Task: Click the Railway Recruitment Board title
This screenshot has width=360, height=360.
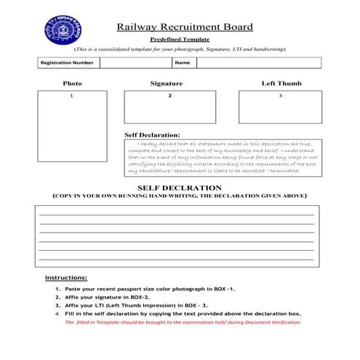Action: (185, 27)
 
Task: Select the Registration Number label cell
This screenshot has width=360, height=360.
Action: (68, 63)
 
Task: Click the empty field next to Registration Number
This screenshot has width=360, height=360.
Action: (135, 63)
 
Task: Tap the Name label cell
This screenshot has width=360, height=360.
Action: (182, 63)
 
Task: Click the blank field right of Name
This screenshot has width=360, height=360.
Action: (258, 63)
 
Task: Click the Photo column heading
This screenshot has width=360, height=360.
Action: (72, 84)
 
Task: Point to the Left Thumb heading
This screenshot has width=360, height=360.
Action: (281, 84)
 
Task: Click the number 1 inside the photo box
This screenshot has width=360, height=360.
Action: (71, 96)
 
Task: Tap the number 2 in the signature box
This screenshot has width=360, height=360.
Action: (169, 96)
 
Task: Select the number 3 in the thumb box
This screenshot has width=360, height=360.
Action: (280, 96)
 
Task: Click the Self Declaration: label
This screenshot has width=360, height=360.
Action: (153, 135)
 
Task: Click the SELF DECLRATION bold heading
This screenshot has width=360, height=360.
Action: (179, 188)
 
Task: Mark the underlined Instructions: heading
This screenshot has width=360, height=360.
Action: (66, 278)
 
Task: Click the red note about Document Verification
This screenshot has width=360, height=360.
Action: (183, 322)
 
